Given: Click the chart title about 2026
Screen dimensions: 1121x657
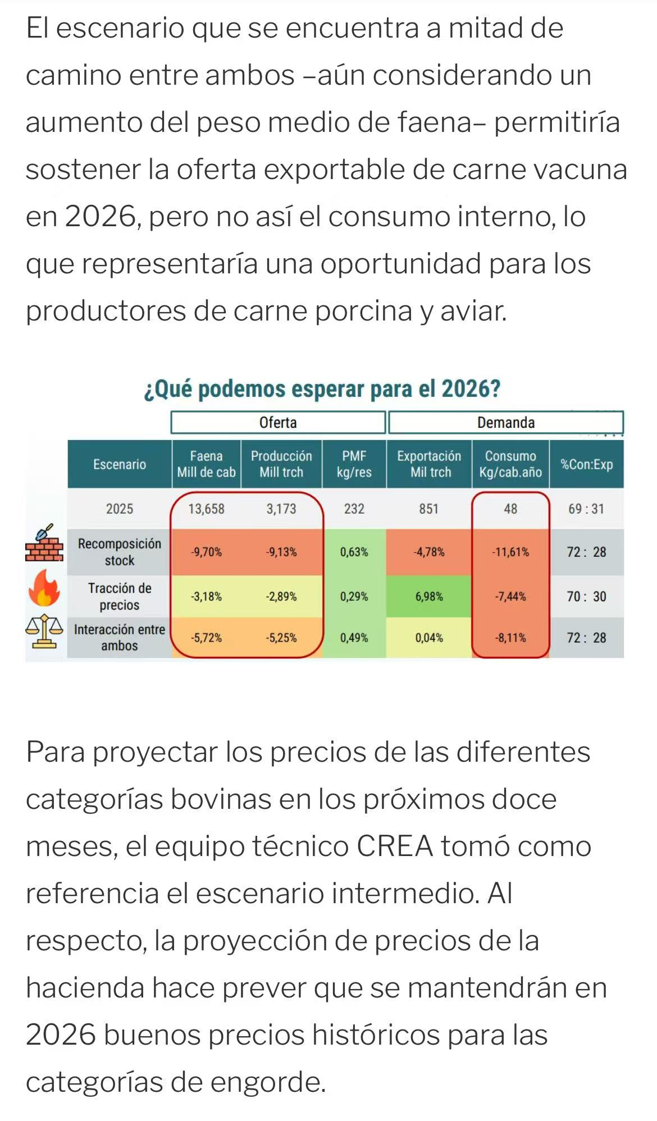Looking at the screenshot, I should [322, 389].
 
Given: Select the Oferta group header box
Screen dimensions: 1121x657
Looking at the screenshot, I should [278, 423].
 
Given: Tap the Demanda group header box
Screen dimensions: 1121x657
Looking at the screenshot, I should [505, 423].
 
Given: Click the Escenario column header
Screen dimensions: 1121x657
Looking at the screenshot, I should [120, 464].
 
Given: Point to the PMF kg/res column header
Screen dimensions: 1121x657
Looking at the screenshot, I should [354, 464].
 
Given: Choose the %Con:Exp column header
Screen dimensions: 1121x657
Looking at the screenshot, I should [586, 464].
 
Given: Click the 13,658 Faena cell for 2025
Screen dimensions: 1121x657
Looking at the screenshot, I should [206, 509].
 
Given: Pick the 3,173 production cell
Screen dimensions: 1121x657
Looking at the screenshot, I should [281, 509].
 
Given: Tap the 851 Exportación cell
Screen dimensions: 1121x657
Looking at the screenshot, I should [428, 509].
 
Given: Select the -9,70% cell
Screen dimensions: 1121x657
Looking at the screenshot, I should [206, 552].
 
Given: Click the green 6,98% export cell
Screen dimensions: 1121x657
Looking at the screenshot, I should [429, 597].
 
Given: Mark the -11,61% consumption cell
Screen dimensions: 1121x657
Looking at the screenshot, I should [510, 552].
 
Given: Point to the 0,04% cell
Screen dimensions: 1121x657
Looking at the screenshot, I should [429, 638].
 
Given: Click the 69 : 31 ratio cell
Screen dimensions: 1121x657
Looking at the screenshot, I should [586, 509].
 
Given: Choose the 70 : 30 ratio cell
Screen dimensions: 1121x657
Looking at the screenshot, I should [586, 597].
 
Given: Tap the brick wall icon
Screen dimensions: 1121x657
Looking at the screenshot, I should [44, 545].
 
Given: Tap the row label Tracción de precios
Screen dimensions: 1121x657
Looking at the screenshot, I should [120, 597].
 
